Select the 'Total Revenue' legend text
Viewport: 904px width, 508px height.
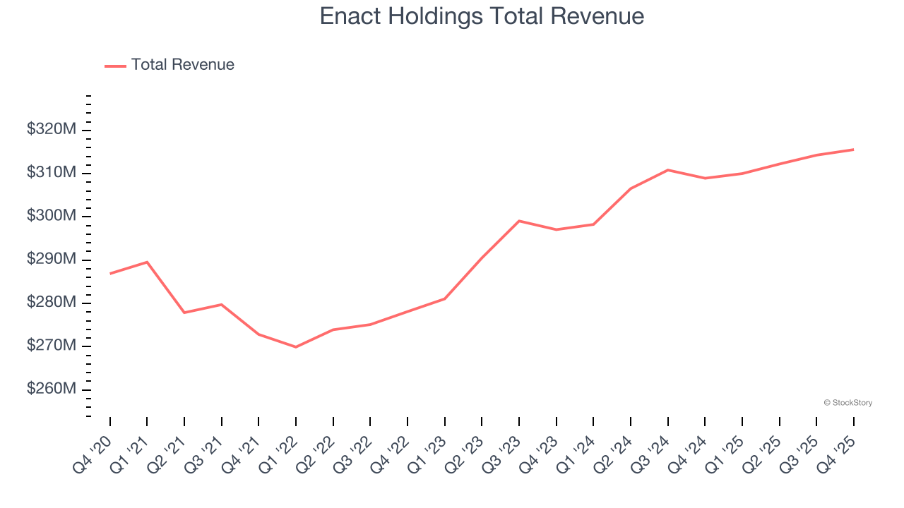point(182,65)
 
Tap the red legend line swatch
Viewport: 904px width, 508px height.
point(115,66)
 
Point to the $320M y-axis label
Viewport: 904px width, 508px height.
point(51,130)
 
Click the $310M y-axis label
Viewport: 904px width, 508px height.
point(51,173)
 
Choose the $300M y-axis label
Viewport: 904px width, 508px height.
point(51,216)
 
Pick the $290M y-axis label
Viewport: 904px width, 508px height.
point(51,260)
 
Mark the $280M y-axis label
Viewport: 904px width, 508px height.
point(51,303)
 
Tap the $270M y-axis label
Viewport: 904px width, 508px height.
point(51,346)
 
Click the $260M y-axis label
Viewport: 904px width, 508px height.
point(51,389)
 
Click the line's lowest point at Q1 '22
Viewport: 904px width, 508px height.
point(295,347)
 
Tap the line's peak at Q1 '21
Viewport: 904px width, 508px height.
point(147,262)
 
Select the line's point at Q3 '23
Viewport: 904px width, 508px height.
point(519,221)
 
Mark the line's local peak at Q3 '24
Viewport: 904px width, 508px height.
point(667,170)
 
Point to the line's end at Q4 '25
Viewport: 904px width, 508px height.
point(853,150)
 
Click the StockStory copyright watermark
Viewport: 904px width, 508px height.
point(847,403)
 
